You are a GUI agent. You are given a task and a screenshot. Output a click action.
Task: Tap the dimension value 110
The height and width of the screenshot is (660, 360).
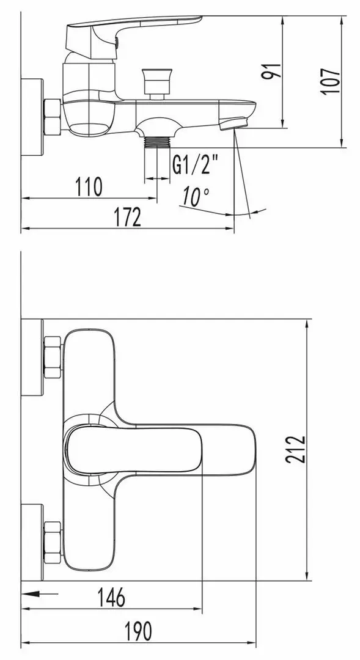coord(89,186)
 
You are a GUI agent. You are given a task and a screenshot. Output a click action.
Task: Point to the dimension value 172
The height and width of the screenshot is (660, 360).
coord(128,217)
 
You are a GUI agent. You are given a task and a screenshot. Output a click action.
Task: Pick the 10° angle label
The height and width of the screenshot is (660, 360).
coord(196,197)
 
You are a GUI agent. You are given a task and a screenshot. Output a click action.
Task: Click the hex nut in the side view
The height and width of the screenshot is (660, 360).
coord(52,116)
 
